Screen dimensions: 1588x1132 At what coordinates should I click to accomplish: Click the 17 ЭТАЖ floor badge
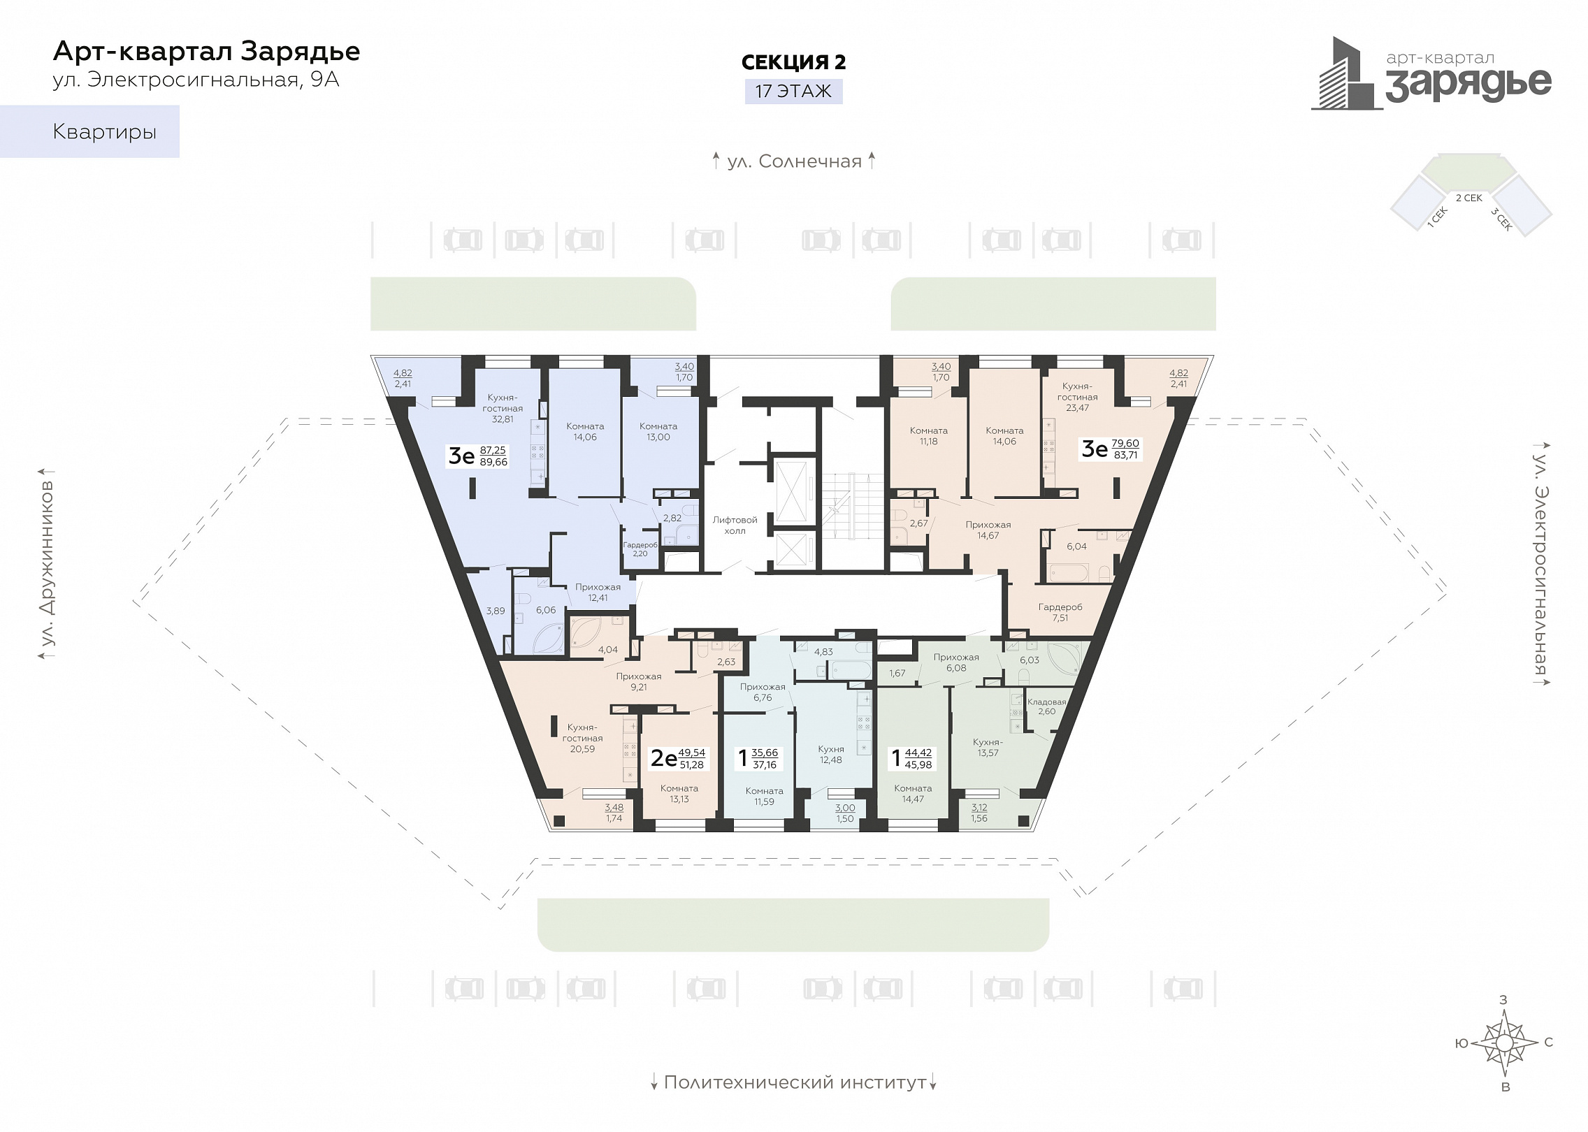point(793,92)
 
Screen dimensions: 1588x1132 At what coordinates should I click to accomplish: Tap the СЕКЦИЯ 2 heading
point(793,62)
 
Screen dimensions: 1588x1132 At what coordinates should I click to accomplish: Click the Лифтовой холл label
point(735,525)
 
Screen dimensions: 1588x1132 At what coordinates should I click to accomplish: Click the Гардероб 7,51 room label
point(1060,612)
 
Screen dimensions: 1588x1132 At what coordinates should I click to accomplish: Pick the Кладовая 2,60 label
point(1046,706)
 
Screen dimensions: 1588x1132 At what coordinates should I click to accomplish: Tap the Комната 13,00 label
point(658,432)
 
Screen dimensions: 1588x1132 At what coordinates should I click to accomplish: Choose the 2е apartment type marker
point(663,758)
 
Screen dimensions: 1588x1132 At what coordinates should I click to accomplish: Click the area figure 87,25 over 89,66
point(493,456)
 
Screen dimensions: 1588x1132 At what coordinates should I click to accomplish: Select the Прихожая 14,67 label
point(988,530)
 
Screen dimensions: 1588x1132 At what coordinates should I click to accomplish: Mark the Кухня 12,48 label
point(831,755)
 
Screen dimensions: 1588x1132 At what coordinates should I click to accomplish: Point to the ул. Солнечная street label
point(794,161)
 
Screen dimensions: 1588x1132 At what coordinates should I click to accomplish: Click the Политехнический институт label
point(795,1082)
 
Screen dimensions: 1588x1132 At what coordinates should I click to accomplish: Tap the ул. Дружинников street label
point(47,564)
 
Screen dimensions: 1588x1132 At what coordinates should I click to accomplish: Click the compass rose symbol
point(1504,1062)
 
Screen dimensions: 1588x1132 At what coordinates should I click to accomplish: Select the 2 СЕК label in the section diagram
point(1469,198)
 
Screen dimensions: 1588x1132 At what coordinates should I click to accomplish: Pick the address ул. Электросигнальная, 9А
point(196,80)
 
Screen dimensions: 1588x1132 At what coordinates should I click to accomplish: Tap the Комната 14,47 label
point(913,794)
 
